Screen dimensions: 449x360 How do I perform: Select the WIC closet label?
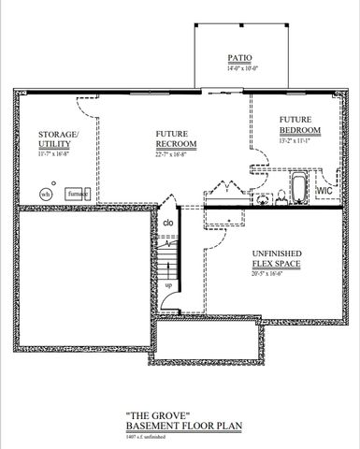coord(324,190)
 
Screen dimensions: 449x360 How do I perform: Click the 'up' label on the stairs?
coord(167,284)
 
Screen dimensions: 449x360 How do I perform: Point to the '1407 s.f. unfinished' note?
coord(149,436)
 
